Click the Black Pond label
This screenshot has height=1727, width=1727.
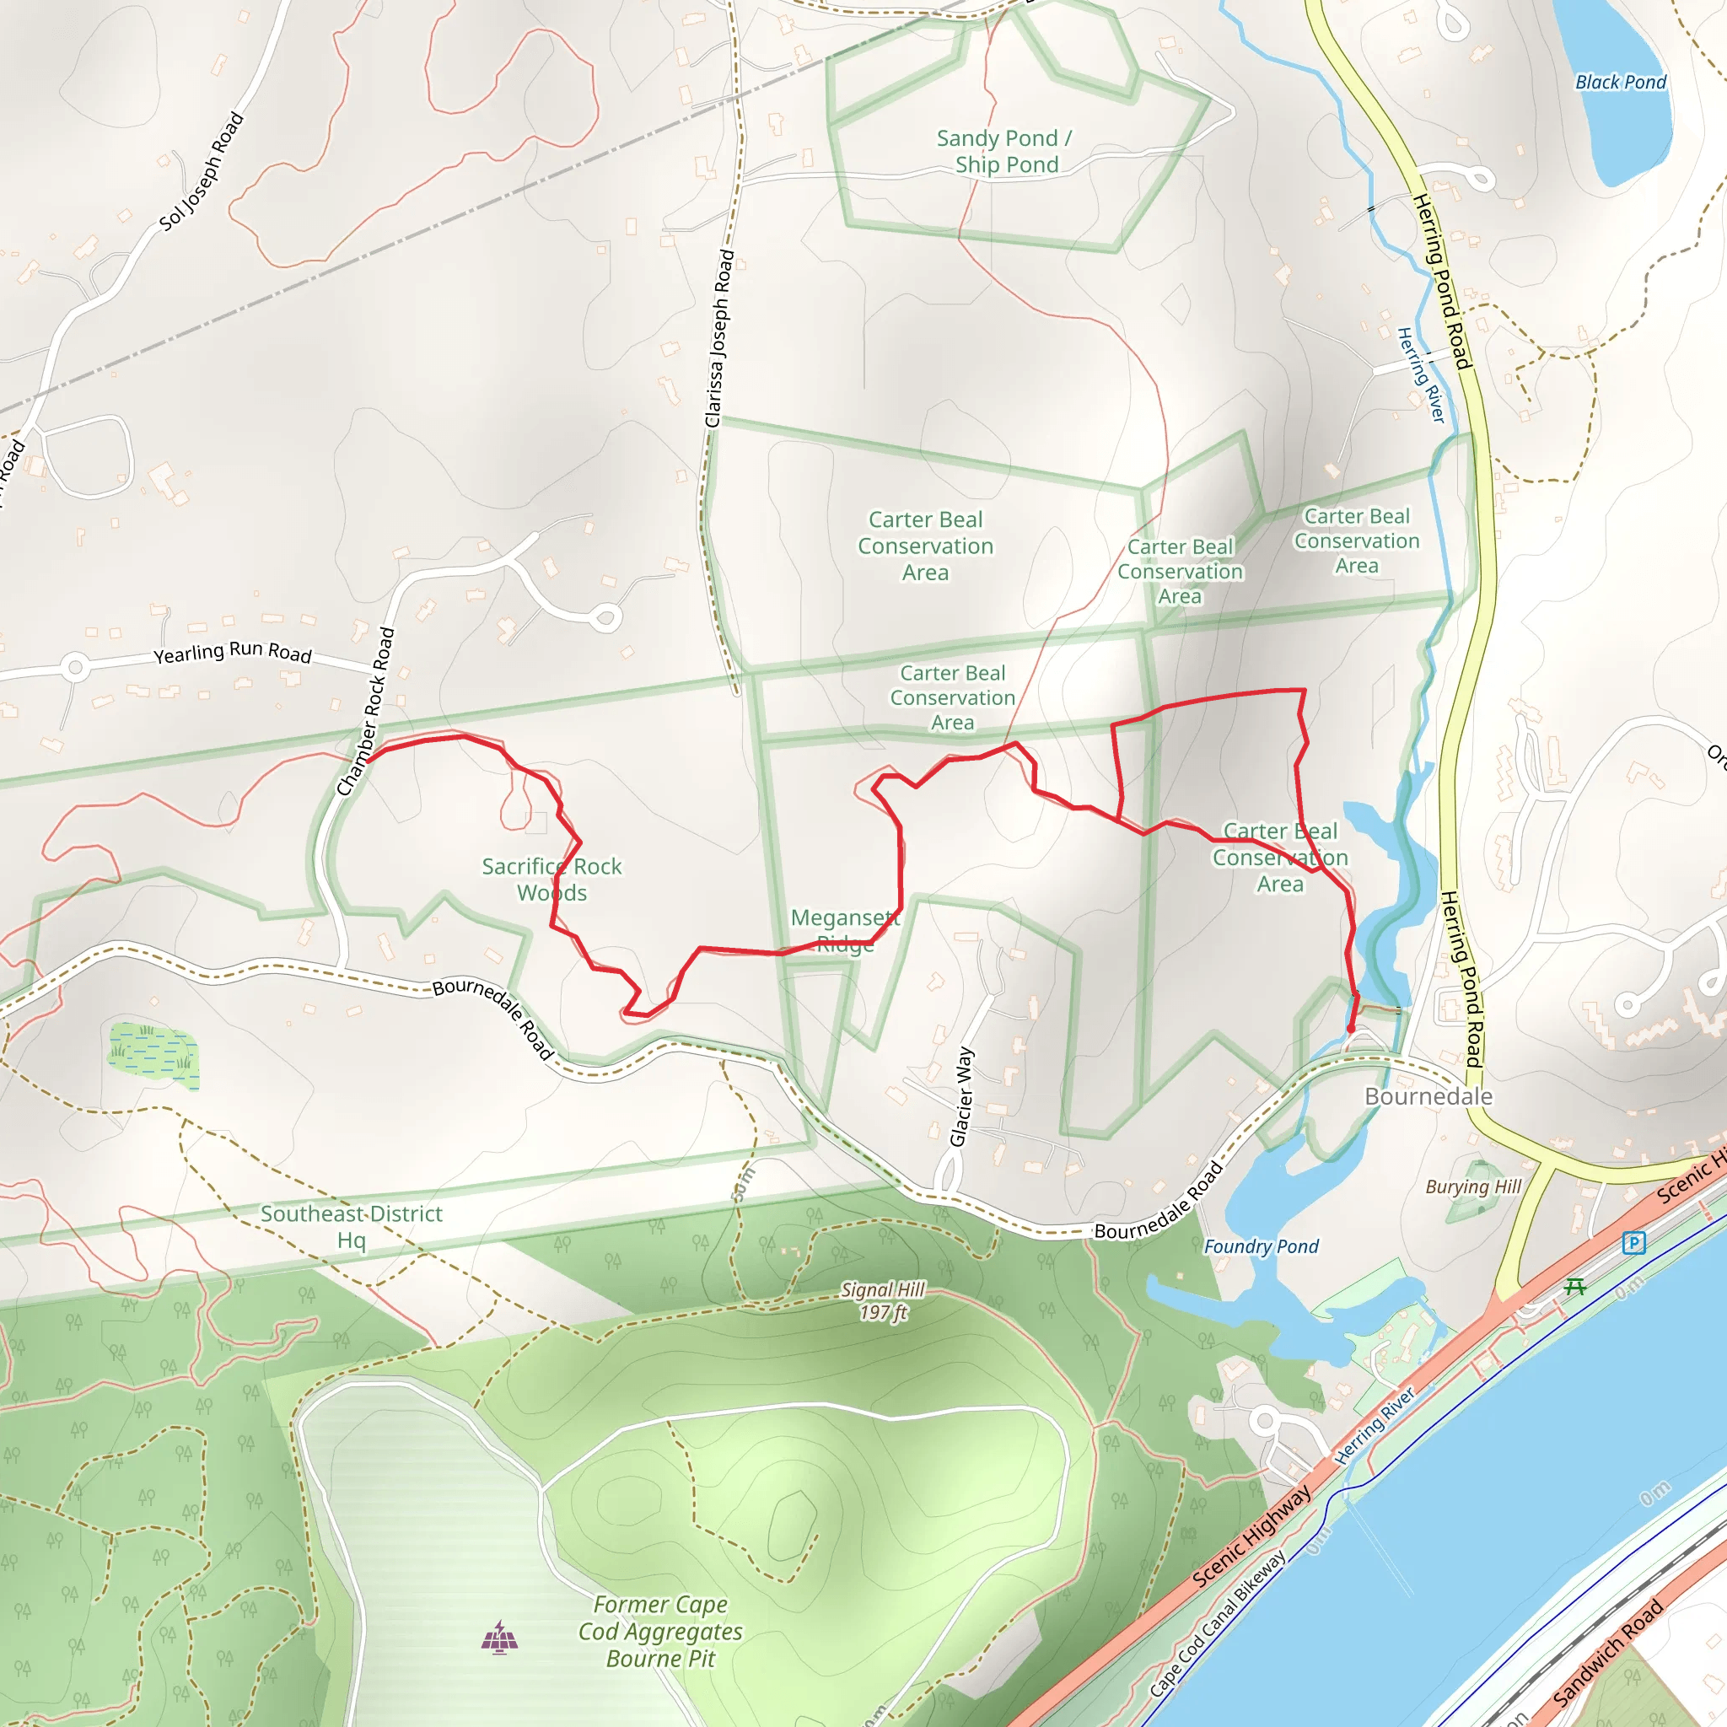pos(1620,83)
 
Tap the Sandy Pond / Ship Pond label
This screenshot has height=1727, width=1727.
pos(1004,151)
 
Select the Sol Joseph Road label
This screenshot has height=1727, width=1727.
pos(202,172)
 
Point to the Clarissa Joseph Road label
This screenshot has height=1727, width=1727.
pos(719,339)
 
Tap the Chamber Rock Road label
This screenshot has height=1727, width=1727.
pos(367,712)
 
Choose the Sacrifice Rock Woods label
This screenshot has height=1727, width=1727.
pos(551,879)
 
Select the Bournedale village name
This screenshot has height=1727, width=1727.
pos(1428,1097)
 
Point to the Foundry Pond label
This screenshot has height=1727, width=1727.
pos(1261,1246)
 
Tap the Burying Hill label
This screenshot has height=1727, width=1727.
pos(1473,1187)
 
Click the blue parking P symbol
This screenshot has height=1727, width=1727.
pos(1633,1242)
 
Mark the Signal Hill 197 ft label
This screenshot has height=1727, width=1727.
pos(883,1301)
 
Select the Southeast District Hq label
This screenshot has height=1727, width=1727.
pos(352,1226)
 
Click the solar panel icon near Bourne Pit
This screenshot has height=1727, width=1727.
pos(499,1637)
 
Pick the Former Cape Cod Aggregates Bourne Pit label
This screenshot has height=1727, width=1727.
pos(660,1632)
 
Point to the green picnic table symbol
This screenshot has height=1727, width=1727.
pos(1574,1287)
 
